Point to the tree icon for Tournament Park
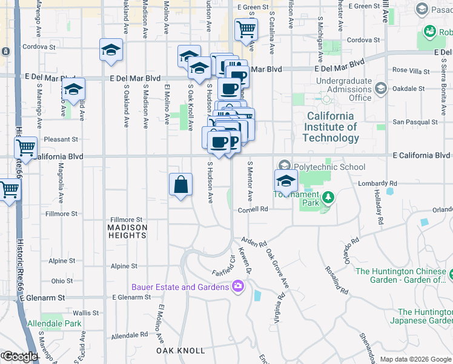328,197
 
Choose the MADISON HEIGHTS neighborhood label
127,232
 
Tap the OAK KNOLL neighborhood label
177,351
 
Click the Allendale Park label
55,324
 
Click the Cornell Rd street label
253,209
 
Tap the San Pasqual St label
414,122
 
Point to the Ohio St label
62,281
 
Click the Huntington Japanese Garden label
421,316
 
